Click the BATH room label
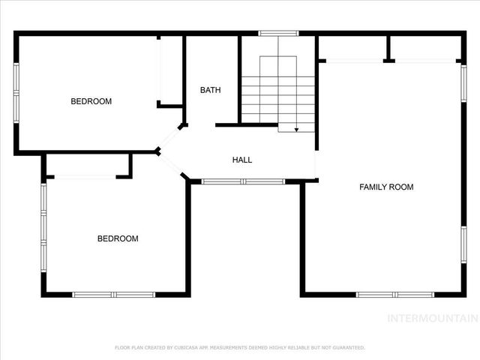pos(210,90)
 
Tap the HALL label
pos(242,160)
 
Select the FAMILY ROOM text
pos(386,187)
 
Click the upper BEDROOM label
pos(91,101)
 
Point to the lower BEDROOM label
pos(118,238)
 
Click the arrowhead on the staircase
pos(297,130)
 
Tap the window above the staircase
pos(278,33)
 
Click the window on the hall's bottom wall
pos(243,181)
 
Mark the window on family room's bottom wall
pos(385,294)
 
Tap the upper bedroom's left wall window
pos(16,91)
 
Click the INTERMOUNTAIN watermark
pos(431,318)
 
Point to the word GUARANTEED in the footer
pos(349,347)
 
